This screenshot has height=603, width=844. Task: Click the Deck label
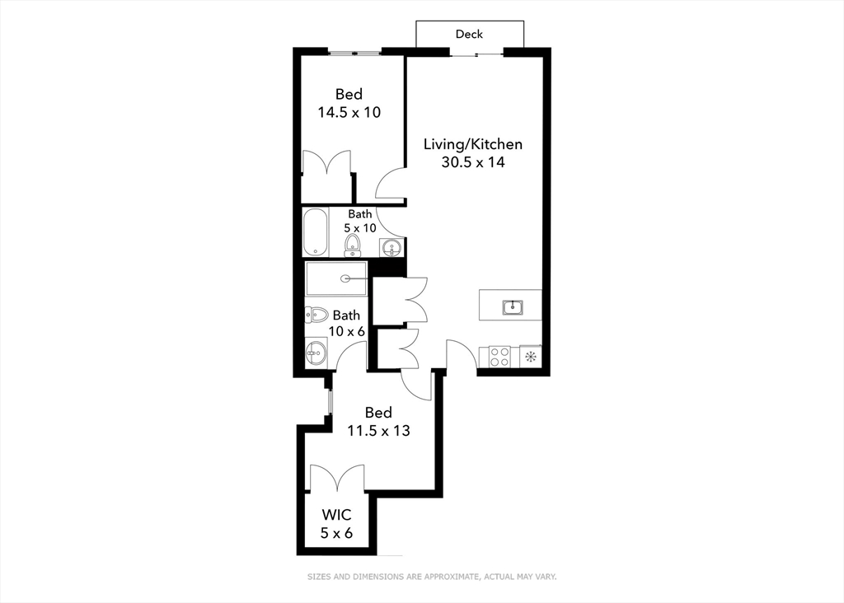pos(469,34)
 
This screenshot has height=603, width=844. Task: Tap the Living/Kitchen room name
pos(472,144)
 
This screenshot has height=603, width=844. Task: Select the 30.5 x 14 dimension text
pos(472,162)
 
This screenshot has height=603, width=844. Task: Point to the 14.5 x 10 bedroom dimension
pos(349,112)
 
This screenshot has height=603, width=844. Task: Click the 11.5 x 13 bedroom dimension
pos(378,430)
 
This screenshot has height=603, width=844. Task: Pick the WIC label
pos(336,515)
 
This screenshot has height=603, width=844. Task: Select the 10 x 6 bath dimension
pos(346,331)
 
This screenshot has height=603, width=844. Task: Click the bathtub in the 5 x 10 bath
pos(315,233)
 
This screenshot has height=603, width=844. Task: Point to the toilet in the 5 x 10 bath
pos(353,244)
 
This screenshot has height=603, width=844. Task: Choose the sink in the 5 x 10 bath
pos(392,246)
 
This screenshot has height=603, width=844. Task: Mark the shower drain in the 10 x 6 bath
pos(356,278)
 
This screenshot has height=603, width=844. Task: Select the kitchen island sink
pos(513,307)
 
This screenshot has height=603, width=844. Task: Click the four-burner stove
pos(499,356)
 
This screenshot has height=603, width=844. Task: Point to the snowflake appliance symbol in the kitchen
pos(531,357)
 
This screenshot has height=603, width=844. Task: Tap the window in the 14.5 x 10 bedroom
pos(355,53)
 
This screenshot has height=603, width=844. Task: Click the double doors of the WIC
pos(336,480)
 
